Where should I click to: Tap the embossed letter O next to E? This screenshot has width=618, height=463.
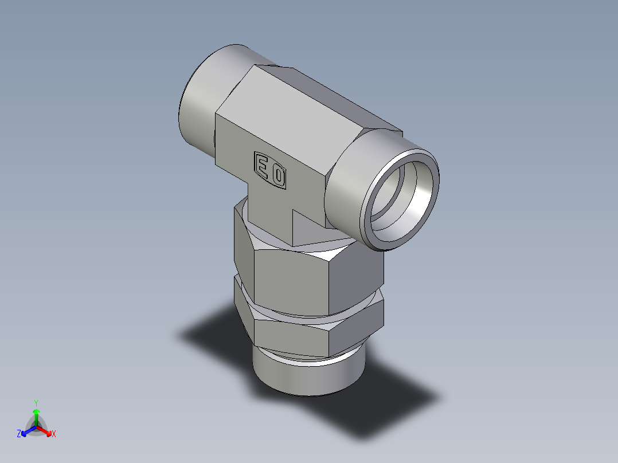[278, 176]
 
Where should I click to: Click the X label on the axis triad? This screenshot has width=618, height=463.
[54, 434]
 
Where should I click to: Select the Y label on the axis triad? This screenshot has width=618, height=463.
[36, 402]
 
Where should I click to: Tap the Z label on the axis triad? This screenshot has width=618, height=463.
[19, 434]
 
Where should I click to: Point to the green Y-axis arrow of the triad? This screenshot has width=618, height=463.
[36, 415]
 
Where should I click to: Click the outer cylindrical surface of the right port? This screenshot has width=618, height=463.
[350, 183]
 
